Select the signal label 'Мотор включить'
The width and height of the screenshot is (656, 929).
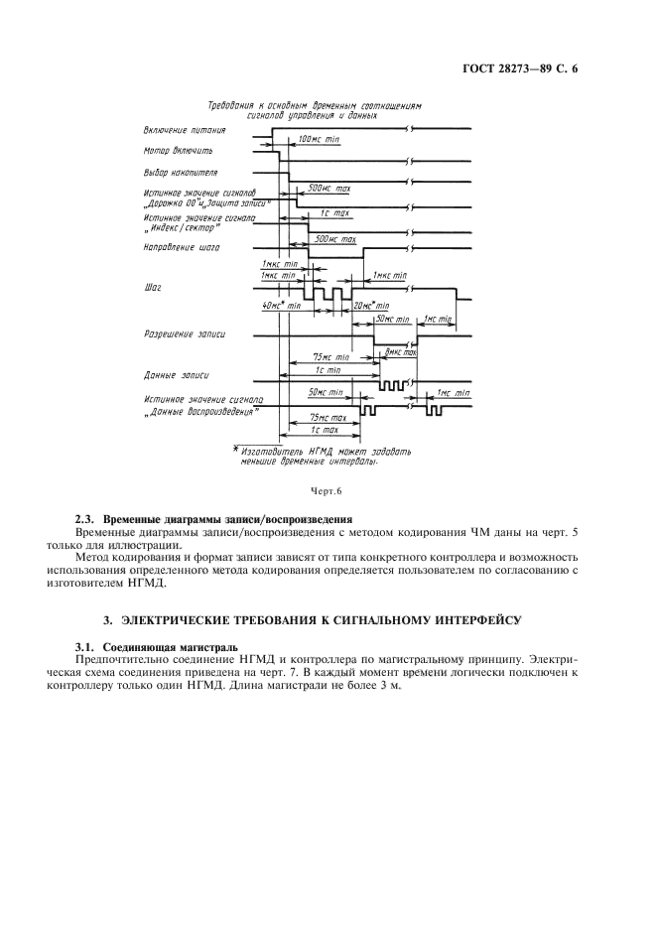point(177,151)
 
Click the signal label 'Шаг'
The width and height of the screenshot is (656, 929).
point(152,287)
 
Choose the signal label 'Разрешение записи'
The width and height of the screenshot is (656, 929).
point(184,334)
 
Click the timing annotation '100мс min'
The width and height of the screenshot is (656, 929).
point(319,141)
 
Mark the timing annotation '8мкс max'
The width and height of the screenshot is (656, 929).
point(399,352)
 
